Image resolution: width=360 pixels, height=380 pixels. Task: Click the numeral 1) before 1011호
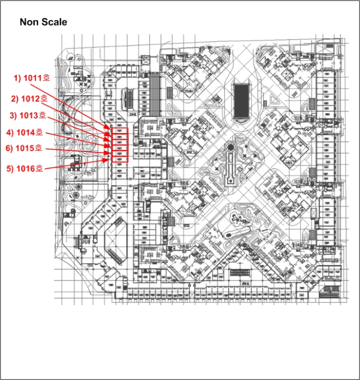[17, 78]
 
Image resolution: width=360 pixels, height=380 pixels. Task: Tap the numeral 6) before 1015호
[9, 148]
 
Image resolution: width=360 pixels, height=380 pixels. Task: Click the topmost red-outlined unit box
[119, 131]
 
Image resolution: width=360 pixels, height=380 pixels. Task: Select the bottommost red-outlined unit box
[119, 160]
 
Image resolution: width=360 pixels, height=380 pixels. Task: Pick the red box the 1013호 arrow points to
[119, 142]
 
